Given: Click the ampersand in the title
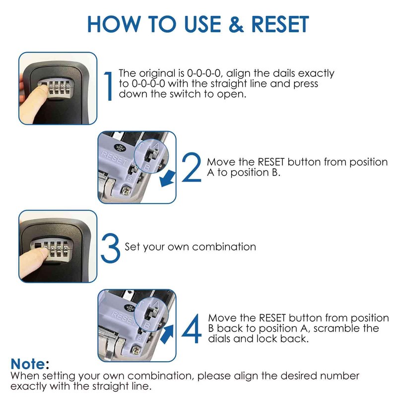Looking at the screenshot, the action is (236, 24).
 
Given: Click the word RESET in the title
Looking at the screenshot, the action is (280, 24).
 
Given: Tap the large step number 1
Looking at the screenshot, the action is (109, 86).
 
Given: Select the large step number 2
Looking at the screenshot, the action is (192, 167).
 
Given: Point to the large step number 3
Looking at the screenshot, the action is (110, 248).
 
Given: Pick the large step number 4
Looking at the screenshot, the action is (192, 329).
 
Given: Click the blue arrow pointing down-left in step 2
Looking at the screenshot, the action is (167, 178).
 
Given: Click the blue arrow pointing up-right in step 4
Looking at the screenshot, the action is (167, 334).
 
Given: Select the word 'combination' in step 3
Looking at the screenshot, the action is (224, 247).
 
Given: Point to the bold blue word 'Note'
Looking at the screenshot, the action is (28, 364).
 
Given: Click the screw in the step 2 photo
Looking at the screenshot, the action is (126, 191).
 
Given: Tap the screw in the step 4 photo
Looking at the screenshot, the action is (135, 350).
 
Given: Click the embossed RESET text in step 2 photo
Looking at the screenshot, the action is (115, 158).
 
